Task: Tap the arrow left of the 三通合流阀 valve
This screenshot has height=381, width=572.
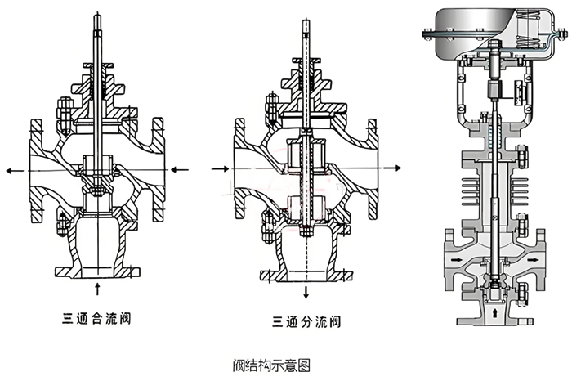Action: tap(13, 170)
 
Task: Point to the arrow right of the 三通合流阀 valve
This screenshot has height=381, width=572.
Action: tap(184, 170)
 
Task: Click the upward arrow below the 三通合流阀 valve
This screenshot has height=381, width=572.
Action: tap(98, 287)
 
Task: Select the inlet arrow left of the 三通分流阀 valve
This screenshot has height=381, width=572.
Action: tap(219, 168)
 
